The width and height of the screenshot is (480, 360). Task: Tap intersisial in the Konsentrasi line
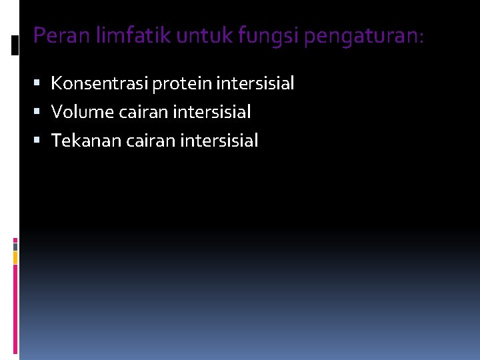255,83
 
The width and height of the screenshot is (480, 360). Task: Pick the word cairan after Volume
142,112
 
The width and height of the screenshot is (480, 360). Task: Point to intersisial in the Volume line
211,112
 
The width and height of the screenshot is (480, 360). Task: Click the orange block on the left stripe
15,257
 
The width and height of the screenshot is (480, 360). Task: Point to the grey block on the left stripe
15,246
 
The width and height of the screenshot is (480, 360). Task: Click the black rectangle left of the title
15,45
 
